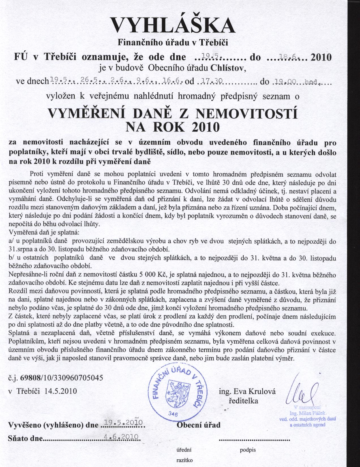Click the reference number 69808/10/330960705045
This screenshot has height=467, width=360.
tap(58, 378)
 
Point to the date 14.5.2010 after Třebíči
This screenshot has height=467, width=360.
tap(61, 391)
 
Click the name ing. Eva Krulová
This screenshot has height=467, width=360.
tap(247, 392)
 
